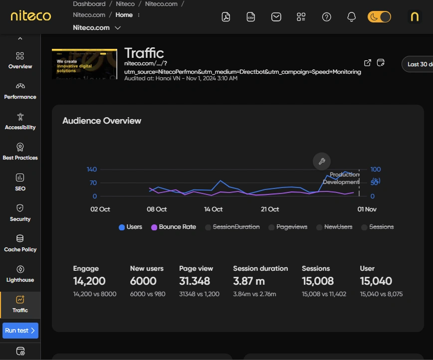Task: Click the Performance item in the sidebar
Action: click(x=20, y=91)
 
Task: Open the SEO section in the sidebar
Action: click(x=20, y=182)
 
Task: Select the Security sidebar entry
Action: click(x=20, y=213)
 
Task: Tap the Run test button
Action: click(x=20, y=330)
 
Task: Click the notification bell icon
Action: click(x=351, y=17)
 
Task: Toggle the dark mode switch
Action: click(x=379, y=17)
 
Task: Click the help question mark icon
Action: click(x=327, y=17)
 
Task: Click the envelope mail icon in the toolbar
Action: click(x=276, y=17)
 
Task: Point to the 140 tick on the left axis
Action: click(x=92, y=170)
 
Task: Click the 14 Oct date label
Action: click(x=214, y=209)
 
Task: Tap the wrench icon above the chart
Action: click(x=322, y=161)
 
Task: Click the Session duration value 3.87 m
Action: click(x=249, y=281)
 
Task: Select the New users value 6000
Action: click(x=143, y=281)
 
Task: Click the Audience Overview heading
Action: click(x=102, y=121)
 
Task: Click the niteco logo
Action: click(x=31, y=16)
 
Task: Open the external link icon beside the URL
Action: click(x=368, y=63)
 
